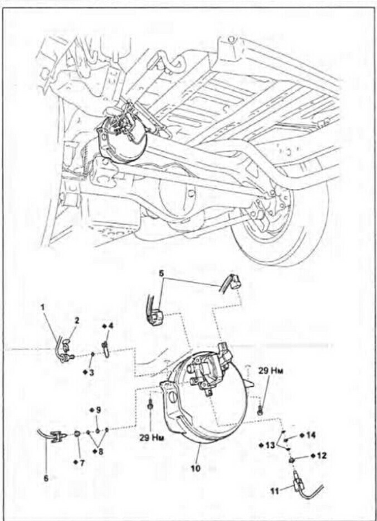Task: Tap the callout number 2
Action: coord(77,322)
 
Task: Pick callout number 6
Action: coord(46,478)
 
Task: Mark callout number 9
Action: coord(97,410)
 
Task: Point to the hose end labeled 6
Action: coord(55,437)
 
